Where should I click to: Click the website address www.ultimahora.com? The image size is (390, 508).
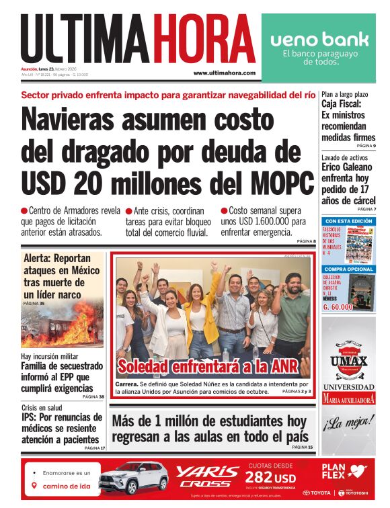coord(224,73)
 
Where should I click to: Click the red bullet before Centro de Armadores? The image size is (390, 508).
coord(25,211)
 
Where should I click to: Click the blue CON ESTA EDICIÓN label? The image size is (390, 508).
coord(348,221)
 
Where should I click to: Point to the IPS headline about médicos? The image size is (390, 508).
coord(63,428)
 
